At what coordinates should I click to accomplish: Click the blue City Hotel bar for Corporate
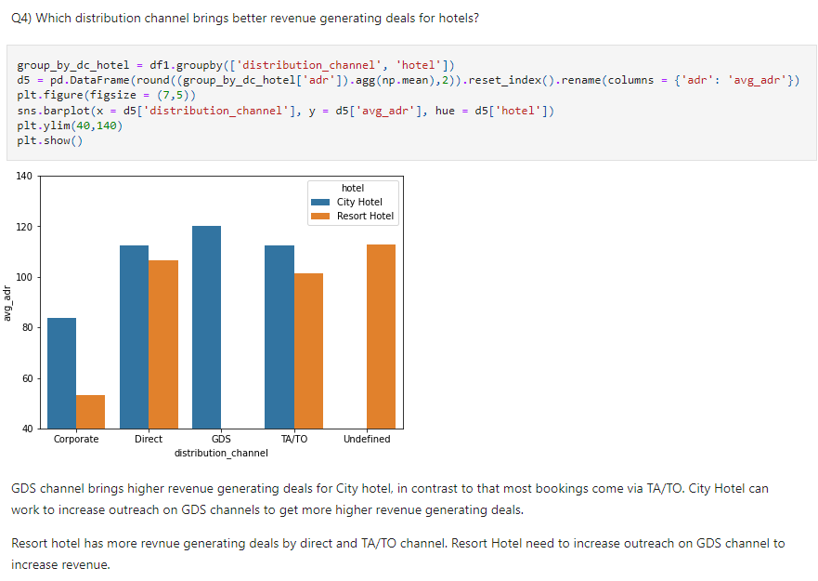(61, 373)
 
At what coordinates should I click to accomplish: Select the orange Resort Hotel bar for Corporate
(91, 412)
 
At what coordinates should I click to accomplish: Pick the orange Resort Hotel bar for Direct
(163, 344)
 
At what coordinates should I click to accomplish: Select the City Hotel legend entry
(358, 202)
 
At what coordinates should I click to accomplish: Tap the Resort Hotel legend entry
(364, 216)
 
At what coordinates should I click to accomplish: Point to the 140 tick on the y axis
(25, 176)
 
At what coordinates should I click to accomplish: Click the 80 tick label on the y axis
(27, 327)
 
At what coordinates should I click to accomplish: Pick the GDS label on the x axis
(221, 439)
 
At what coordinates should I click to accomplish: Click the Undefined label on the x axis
(367, 439)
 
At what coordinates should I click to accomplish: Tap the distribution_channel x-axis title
(221, 453)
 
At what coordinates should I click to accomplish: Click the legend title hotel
(353, 188)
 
